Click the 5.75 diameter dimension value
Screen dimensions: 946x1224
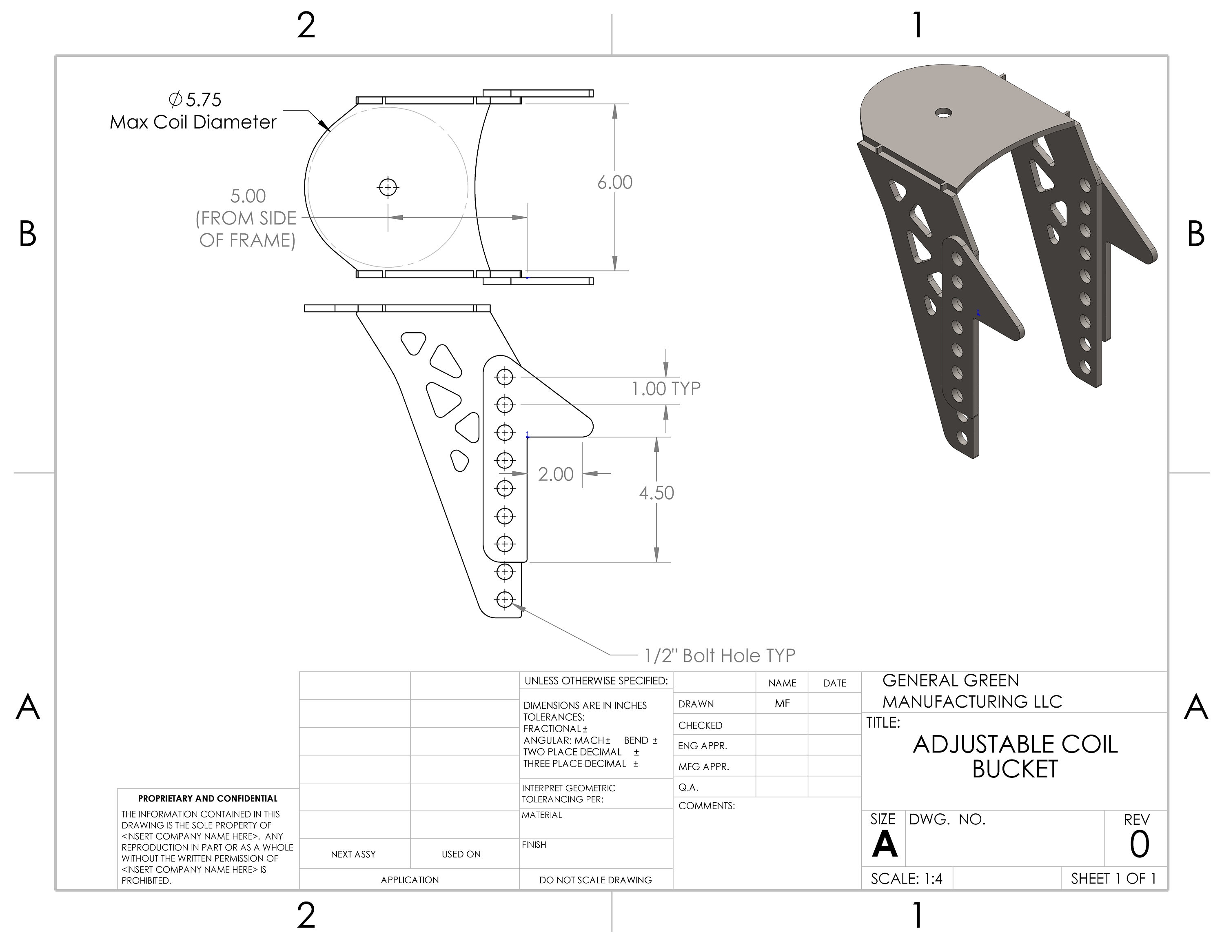203,100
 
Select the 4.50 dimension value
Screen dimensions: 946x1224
656,493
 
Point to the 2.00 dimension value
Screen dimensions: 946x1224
555,474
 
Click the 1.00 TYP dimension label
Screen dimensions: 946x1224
666,389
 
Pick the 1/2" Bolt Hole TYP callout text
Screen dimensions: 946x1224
720,655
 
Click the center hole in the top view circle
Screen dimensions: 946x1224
388,187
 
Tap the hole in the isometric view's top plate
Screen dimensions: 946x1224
944,113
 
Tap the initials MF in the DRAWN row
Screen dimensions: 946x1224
782,703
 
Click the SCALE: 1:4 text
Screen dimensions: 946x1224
906,879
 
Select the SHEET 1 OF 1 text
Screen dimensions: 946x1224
1113,879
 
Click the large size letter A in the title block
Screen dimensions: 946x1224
885,844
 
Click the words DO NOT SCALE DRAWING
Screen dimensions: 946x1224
595,880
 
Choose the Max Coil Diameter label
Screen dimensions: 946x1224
193,122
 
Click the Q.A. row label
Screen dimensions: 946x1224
688,787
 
